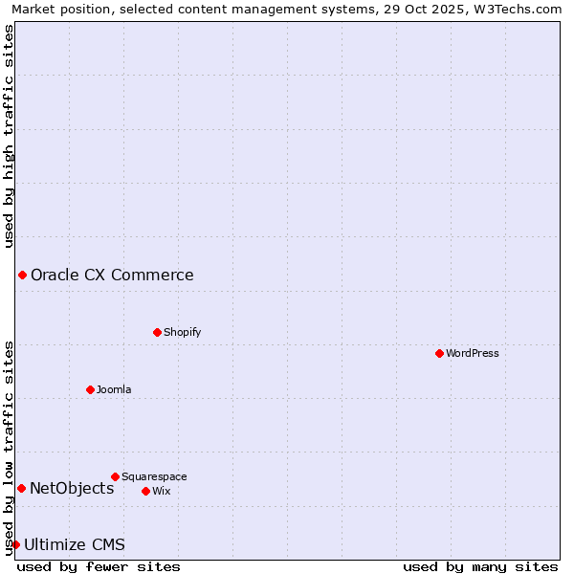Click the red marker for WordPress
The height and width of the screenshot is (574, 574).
[x=439, y=353]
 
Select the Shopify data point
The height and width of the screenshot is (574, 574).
[x=157, y=332]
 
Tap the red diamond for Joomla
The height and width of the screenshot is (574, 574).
[x=90, y=389]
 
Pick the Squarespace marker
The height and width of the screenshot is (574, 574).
[x=115, y=476]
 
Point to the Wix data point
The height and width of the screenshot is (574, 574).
[x=145, y=491]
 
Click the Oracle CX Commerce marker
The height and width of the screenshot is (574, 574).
[x=22, y=276]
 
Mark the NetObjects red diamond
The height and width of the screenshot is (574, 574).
[x=21, y=489]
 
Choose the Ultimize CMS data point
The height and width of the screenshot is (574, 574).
[x=15, y=545]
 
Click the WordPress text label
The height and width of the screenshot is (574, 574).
[x=473, y=353]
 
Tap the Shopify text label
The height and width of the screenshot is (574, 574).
[x=183, y=332]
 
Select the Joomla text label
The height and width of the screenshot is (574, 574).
[x=114, y=389]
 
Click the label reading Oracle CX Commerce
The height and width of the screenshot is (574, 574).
[x=112, y=276]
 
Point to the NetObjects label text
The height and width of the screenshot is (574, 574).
[x=72, y=489]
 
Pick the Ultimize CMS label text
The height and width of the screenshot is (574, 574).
[x=75, y=545]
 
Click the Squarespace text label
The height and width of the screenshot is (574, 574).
[x=154, y=476]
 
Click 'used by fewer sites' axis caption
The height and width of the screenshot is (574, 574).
[x=99, y=566]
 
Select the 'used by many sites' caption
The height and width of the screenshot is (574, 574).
[x=480, y=566]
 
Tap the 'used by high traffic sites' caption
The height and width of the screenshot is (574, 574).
[x=9, y=137]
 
